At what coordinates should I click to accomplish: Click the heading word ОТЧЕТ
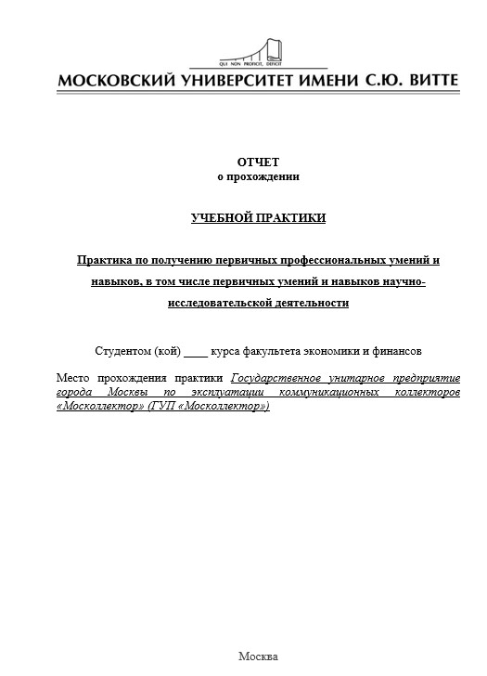(x=257, y=162)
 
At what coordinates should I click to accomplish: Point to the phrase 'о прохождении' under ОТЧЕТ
(x=258, y=176)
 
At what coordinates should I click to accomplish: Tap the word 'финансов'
(x=395, y=352)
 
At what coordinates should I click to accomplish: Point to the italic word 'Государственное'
(x=278, y=379)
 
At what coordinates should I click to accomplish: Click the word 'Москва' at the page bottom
(x=258, y=656)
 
